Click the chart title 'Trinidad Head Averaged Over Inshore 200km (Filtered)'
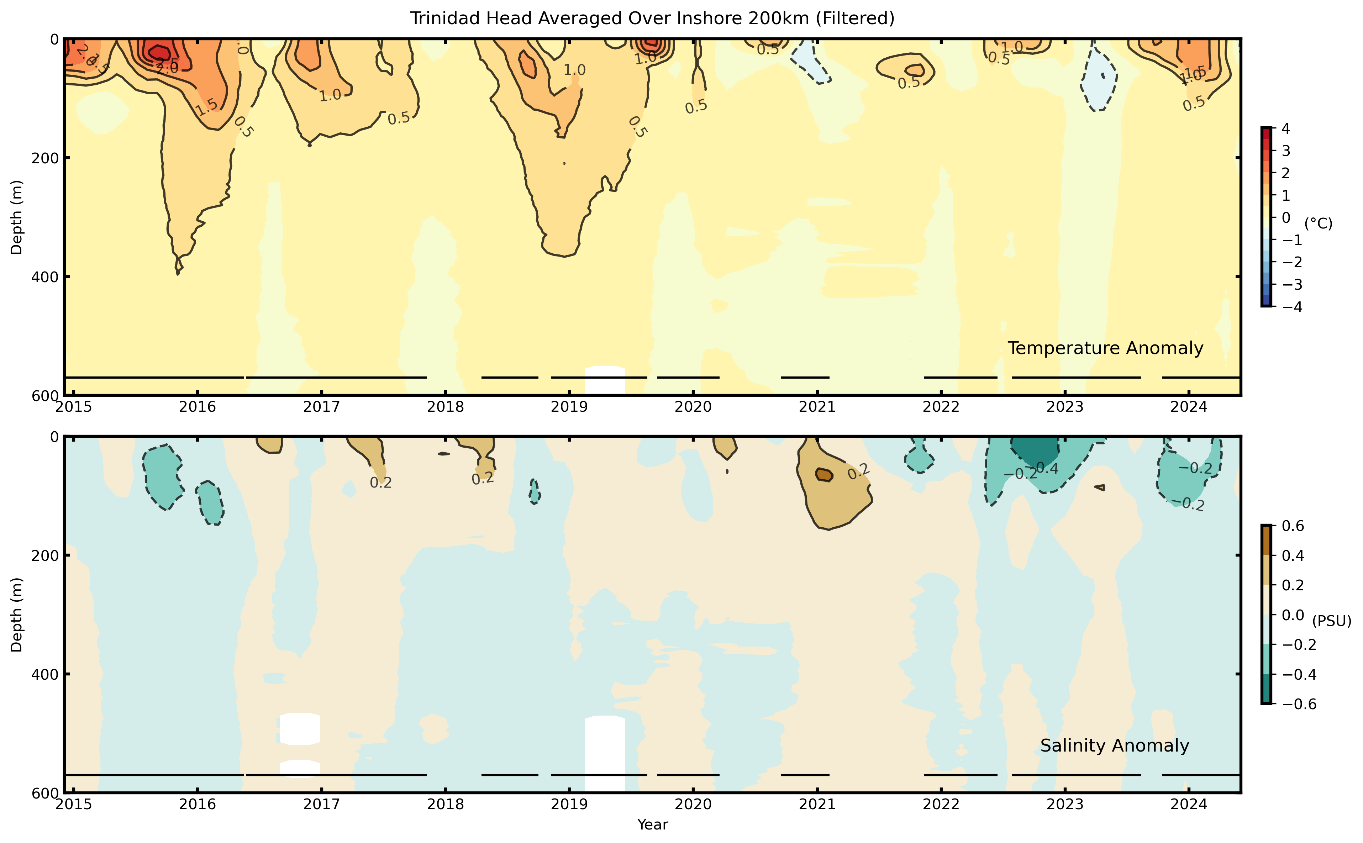(x=652, y=19)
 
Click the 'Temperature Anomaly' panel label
(x=1105, y=348)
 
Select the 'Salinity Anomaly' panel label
(x=1114, y=745)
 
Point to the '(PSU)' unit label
(x=1331, y=621)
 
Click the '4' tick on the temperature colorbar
(x=1285, y=129)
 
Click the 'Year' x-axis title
(x=652, y=824)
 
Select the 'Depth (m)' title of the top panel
(x=17, y=217)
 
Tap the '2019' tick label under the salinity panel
(x=569, y=805)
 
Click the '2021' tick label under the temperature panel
(x=817, y=407)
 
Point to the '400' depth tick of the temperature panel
(x=47, y=276)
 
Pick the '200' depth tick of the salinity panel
(x=47, y=555)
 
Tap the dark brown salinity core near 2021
(x=823, y=474)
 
